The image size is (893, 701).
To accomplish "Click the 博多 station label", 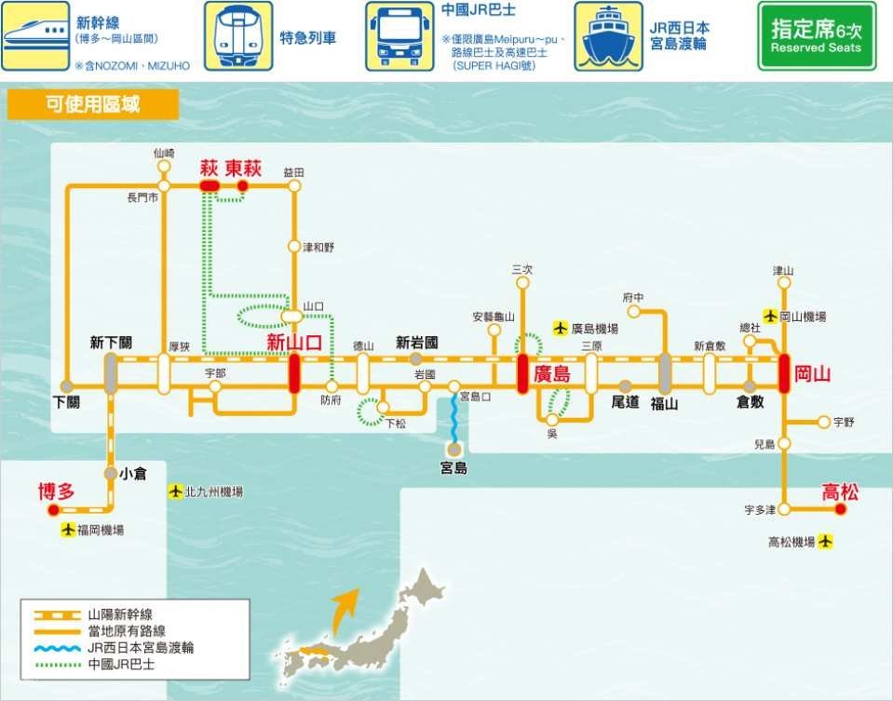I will (x=56, y=492).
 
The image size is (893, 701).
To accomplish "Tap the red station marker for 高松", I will (x=841, y=509).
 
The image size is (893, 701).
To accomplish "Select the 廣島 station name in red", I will (x=551, y=375).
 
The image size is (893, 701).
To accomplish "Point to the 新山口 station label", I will (x=294, y=343).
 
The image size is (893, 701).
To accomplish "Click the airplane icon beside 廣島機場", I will (x=560, y=328).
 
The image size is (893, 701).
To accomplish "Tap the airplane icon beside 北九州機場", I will (x=176, y=491).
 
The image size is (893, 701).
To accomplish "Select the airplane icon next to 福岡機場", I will (x=68, y=530).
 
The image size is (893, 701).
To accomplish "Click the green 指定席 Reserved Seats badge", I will (x=817, y=36).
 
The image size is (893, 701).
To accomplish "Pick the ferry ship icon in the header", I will (x=608, y=36).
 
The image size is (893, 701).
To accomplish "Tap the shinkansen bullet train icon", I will (x=34, y=36).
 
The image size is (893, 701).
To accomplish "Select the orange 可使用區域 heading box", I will (x=92, y=104).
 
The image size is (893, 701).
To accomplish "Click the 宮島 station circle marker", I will (x=453, y=450).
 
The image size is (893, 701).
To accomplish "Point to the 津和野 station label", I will (x=318, y=248).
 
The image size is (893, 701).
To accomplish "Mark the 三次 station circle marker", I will (x=521, y=286).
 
